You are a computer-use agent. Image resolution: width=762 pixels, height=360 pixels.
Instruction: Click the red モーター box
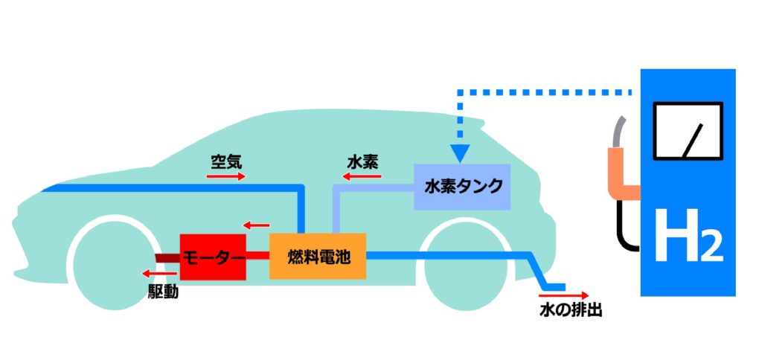click(213, 257)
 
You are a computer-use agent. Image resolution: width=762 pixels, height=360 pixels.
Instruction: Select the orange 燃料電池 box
click(318, 257)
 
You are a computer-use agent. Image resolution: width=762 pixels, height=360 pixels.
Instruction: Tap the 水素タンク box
click(462, 186)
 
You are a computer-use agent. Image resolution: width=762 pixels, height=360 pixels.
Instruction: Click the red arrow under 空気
click(225, 177)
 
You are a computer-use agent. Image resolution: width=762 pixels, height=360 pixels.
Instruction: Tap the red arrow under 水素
click(360, 177)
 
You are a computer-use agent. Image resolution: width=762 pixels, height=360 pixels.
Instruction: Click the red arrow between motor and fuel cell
click(257, 225)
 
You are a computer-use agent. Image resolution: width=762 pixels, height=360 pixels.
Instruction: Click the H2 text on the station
click(688, 237)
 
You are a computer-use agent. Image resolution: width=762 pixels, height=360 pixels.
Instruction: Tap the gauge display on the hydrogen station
click(688, 131)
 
